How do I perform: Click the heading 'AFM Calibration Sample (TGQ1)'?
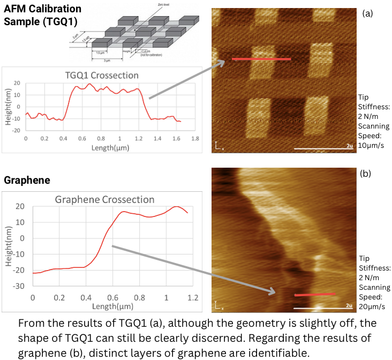43,14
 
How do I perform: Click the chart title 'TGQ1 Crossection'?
102,76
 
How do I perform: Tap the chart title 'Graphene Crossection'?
105,200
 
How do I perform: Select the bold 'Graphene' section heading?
27,181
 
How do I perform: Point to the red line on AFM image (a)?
261,59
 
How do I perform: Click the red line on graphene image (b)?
315,294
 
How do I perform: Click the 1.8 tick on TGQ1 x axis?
195,138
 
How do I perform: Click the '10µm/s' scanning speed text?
373,145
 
